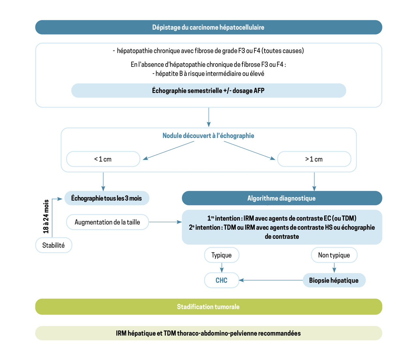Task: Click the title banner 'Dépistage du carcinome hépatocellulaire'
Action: coord(208,27)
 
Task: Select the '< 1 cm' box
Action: coord(103,159)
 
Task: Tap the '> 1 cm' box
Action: coord(314,159)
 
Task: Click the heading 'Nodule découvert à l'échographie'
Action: coord(208,136)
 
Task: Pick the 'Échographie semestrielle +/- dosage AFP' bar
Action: coord(208,91)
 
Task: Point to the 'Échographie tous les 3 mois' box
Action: coord(107,198)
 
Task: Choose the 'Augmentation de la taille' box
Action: coord(107,222)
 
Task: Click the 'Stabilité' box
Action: coord(53,245)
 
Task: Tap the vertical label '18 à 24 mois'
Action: coord(46,216)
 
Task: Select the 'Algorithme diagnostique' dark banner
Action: coord(282,198)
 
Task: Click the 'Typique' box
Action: coord(222,255)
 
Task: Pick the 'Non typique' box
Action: coord(334,255)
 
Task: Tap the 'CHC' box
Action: coord(222,280)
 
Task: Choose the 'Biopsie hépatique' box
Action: coord(334,280)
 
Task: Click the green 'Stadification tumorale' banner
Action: coord(208,307)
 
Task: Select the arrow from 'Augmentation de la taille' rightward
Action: coord(165,222)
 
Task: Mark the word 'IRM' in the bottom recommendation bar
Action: coord(121,333)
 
